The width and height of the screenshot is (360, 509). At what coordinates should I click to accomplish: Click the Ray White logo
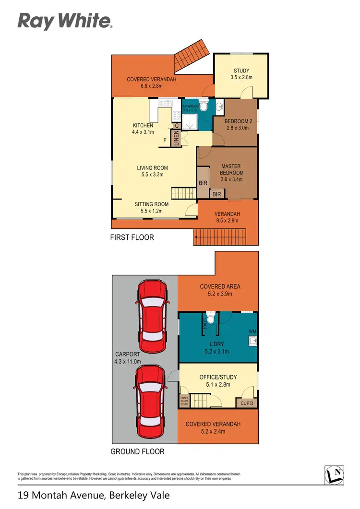[x=65, y=22]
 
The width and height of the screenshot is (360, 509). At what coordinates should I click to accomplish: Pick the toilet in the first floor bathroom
[x=203, y=106]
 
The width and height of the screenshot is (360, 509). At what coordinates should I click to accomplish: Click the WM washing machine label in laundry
[x=252, y=331]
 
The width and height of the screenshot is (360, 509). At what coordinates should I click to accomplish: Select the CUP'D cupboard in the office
[x=247, y=403]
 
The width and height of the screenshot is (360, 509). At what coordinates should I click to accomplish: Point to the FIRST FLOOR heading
[x=132, y=237]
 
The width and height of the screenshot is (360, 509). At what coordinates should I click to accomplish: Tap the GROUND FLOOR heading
[x=137, y=451]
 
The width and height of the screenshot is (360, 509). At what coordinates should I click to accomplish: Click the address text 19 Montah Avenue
[x=94, y=495]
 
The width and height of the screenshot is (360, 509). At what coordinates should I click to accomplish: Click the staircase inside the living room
[x=182, y=193]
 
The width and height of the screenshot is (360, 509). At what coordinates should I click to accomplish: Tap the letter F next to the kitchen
[x=165, y=141]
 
